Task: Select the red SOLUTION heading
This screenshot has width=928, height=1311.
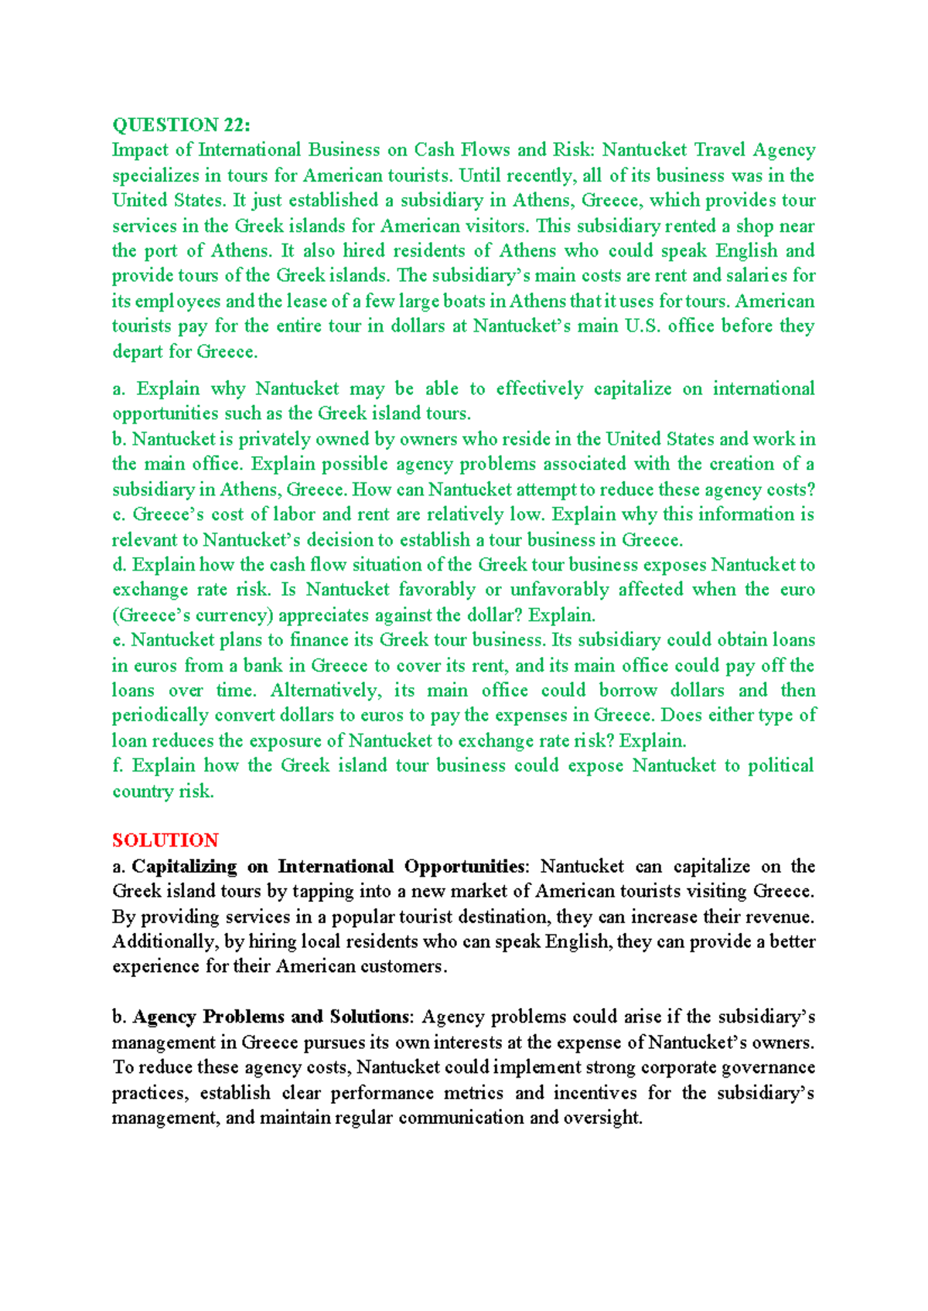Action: click(165, 840)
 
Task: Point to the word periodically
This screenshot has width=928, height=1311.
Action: click(160, 715)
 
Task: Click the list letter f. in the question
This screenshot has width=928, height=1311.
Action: click(118, 765)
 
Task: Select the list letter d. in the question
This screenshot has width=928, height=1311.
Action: click(119, 565)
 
